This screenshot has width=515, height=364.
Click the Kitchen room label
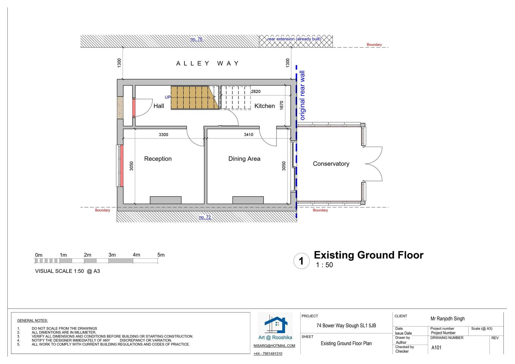click(264, 106)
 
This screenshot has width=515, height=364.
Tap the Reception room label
click(158, 159)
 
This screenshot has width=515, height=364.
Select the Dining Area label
click(244, 159)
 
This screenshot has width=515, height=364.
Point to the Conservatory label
click(331, 164)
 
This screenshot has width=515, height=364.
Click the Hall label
click(159, 106)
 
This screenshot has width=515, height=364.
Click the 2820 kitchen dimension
click(256, 91)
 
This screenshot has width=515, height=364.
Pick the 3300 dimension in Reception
click(164, 135)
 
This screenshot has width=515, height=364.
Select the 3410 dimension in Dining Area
click(248, 135)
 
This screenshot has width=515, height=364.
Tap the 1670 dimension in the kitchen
click(282, 105)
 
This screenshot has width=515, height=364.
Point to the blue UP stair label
click(168, 97)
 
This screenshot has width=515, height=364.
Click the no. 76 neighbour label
click(196, 39)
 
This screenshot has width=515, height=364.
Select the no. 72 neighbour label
click(205, 217)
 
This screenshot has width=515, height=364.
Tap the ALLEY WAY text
click(207, 63)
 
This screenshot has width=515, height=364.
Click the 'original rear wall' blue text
click(302, 96)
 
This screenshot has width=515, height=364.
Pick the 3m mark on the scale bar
click(112, 255)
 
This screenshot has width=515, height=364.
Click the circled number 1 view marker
click(301, 261)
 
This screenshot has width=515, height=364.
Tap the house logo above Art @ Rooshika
click(276, 325)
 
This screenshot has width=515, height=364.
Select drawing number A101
click(436, 348)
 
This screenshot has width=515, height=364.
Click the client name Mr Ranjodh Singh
click(447, 319)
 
